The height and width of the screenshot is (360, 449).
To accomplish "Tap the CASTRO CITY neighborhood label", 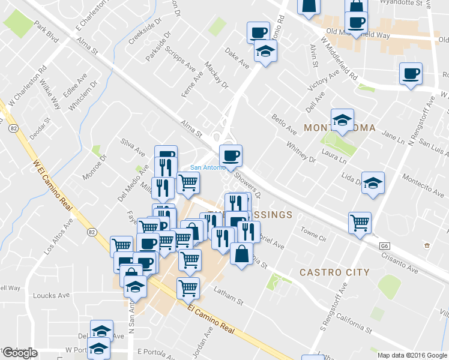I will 334,272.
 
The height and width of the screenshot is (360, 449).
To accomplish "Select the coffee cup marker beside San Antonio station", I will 231,157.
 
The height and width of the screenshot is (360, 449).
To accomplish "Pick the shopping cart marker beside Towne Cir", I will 360,223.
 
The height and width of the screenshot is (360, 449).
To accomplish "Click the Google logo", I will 20,353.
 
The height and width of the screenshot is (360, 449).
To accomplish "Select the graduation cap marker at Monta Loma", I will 342,121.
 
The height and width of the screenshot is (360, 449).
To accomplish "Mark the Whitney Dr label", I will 301,152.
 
